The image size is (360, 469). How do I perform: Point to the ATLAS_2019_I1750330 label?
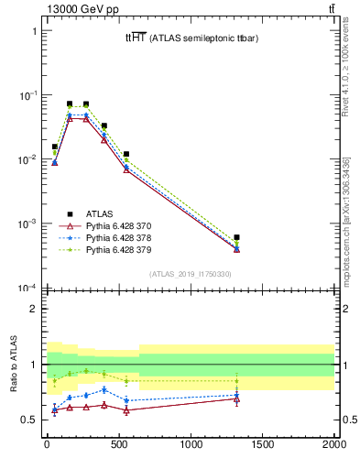click(191, 274)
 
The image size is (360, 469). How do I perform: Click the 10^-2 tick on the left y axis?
click(27, 159)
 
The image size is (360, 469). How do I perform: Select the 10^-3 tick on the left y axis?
click(27, 224)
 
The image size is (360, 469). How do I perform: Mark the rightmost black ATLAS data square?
click(236, 237)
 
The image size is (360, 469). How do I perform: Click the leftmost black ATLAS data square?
click(55, 147)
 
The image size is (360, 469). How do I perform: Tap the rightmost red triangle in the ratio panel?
click(236, 399)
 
